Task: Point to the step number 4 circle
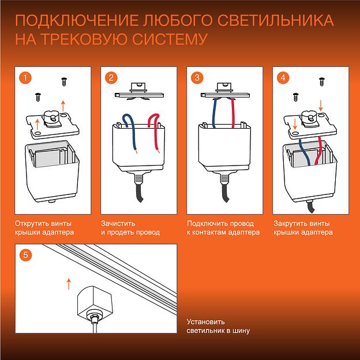(x=283, y=77)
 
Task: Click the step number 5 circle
(x=23, y=254)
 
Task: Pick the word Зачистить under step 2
(x=118, y=223)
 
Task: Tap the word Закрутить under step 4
(x=291, y=223)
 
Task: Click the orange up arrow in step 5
(x=69, y=283)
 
